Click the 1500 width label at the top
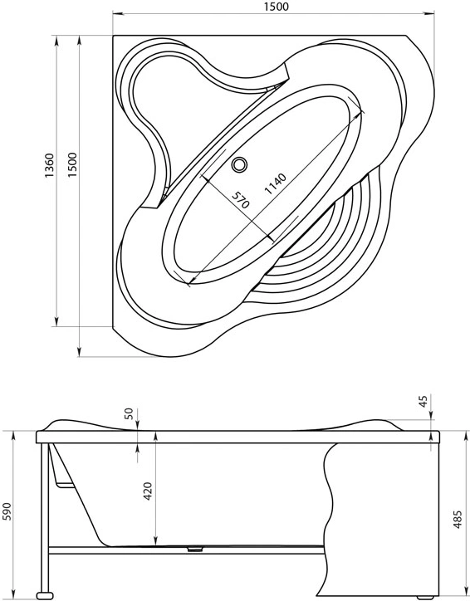click(276, 7)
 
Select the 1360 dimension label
click(50, 165)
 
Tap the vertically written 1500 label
click(72, 165)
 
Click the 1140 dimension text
click(276, 183)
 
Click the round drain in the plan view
click(240, 165)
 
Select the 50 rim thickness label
click(129, 413)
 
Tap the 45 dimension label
click(423, 401)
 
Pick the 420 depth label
click(148, 491)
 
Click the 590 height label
click(7, 511)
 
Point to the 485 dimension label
click(458, 520)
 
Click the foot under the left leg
click(45, 595)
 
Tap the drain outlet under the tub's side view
click(195, 549)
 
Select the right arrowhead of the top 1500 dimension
click(429, 14)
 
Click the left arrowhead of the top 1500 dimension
click(118, 14)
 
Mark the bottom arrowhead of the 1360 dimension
click(56, 321)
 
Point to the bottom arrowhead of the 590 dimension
click(13, 594)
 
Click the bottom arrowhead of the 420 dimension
click(155, 541)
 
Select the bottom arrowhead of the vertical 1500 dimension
click(80, 351)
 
